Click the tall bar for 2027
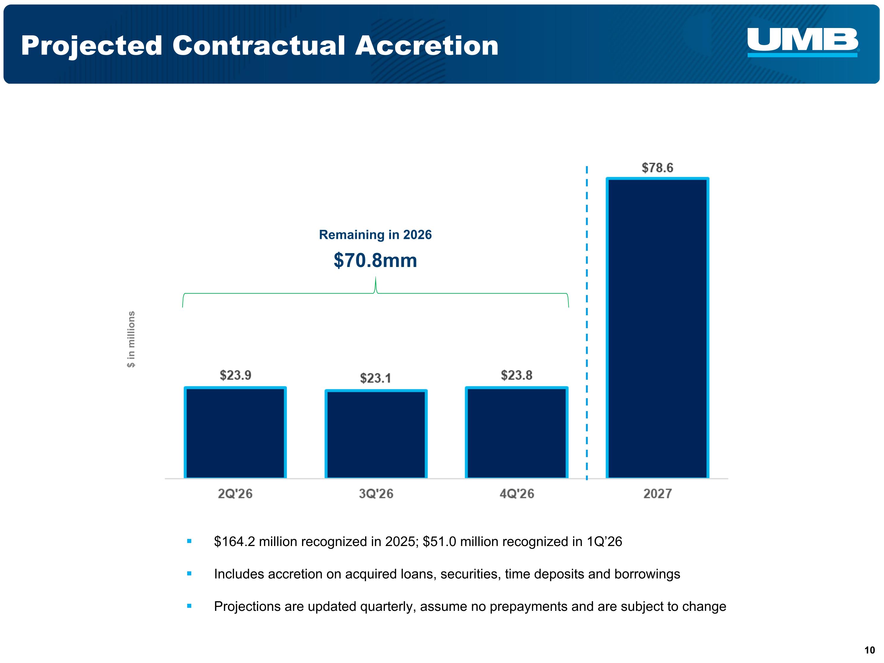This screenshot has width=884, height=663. click(x=657, y=328)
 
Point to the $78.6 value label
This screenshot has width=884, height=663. click(x=657, y=168)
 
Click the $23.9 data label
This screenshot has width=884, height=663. click(x=235, y=375)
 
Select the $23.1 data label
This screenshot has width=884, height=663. click(x=376, y=378)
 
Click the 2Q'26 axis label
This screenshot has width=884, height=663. click(x=235, y=494)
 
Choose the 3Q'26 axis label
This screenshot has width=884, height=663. click(x=376, y=494)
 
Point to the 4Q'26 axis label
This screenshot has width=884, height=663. click(x=517, y=494)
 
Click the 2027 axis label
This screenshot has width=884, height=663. click(x=657, y=494)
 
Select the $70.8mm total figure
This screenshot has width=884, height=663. click(x=375, y=260)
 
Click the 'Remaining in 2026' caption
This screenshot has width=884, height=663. click(x=375, y=235)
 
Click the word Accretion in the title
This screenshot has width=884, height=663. click(x=427, y=46)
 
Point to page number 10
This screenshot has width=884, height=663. click(x=870, y=650)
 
